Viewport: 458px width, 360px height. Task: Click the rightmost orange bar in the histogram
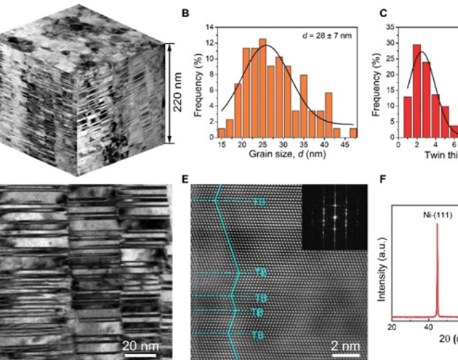(x=352, y=134)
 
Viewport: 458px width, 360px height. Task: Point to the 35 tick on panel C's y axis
(x=391, y=27)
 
